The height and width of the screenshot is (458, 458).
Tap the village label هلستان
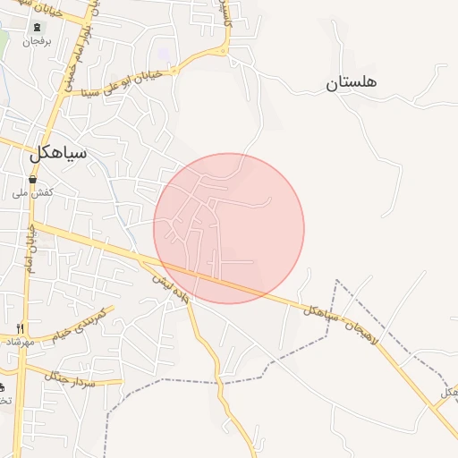351,82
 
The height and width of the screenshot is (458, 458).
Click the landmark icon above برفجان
36,27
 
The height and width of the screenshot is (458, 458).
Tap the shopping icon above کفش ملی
33,179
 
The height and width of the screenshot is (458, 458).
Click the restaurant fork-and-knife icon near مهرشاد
21,328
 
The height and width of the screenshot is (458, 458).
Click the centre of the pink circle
229,228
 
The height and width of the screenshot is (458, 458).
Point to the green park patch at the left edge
3,40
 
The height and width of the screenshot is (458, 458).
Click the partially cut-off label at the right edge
448,392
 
